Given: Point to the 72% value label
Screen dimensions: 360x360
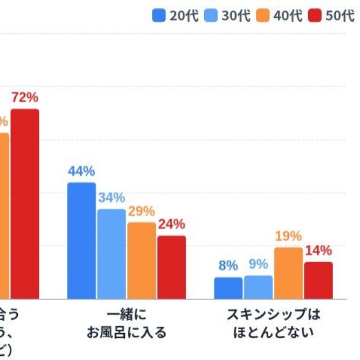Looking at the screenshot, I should [25, 98].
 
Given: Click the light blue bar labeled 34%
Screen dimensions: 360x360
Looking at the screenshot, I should [111, 254].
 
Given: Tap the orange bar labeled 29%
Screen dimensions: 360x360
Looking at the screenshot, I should [141, 260].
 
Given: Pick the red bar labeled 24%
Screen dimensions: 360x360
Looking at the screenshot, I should [171, 267].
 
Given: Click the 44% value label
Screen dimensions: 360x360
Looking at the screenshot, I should [82, 172].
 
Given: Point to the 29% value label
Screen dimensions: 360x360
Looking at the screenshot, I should [141, 211].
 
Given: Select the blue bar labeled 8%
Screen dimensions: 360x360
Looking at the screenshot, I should [228, 288].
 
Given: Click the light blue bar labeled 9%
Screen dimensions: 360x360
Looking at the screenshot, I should [258, 287].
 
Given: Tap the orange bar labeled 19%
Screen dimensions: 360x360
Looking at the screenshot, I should [288, 273].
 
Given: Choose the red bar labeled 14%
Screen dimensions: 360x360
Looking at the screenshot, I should [318, 280].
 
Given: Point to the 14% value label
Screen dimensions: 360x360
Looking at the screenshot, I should [318, 251].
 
